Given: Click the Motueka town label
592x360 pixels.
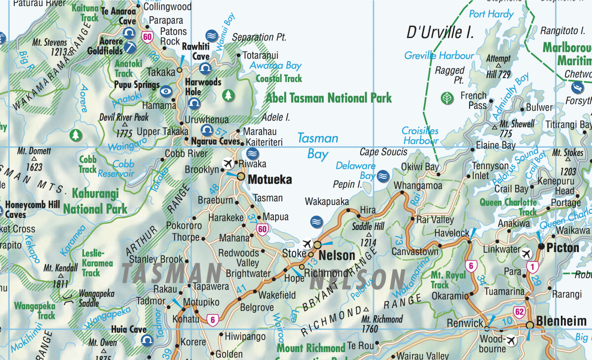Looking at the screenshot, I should pos(269,179).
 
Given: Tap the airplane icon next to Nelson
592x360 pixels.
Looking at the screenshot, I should pos(307,244).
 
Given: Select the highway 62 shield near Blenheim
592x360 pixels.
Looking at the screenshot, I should pos(518,311).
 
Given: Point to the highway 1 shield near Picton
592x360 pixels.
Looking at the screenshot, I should pos(531,267).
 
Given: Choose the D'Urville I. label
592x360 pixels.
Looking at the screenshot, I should pos(440,33).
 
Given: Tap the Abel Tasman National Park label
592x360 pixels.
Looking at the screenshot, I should pos(329,98).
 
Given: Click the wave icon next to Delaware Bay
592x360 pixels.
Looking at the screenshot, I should pos(383,175).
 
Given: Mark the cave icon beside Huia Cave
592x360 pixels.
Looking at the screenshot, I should pos(147,340).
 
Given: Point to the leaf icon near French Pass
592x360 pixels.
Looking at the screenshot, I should pos(447,98).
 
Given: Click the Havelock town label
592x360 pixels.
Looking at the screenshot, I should pos(451,233).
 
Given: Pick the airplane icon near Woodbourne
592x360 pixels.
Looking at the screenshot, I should pos(510,340).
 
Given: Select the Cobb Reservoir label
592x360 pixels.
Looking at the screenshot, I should pos(115,169).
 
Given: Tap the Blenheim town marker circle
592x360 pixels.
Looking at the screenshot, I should pos(529,325).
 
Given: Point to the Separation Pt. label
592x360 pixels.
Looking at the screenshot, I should pos(259,37).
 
